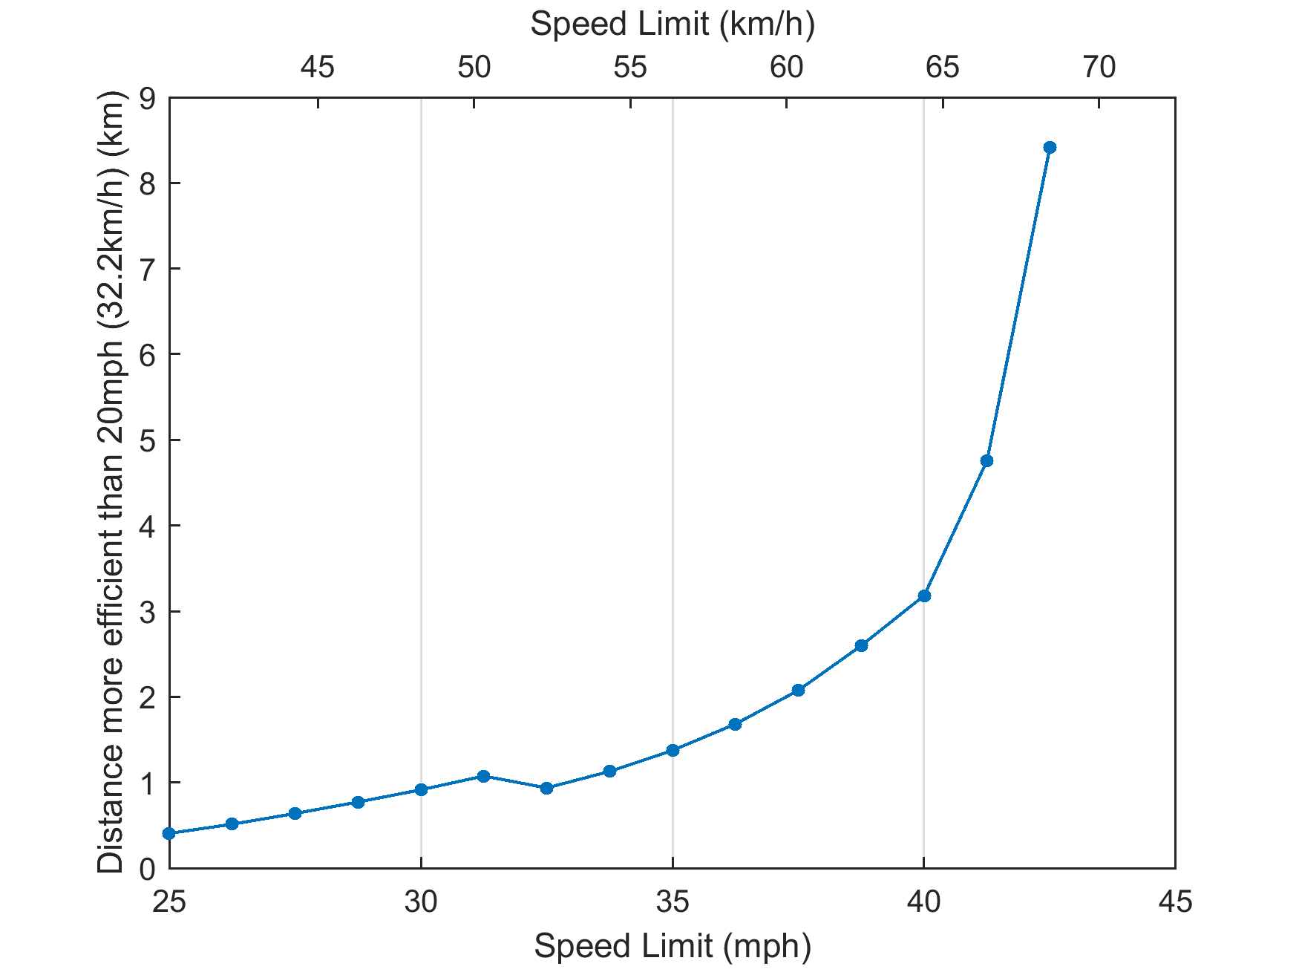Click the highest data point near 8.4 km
click(1049, 147)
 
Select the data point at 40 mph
click(924, 596)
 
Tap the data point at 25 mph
click(169, 833)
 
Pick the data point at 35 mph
click(673, 750)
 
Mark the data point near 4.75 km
click(986, 460)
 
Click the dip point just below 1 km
click(546, 788)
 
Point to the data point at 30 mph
click(421, 789)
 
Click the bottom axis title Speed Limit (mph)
click(672, 947)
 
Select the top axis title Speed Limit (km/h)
click(672, 25)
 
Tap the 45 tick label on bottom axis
click(1175, 902)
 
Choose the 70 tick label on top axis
click(1099, 68)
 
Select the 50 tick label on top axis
click(474, 68)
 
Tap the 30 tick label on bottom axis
click(421, 902)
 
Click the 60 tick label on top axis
click(786, 68)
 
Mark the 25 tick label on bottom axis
click(169, 902)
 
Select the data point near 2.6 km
click(861, 645)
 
